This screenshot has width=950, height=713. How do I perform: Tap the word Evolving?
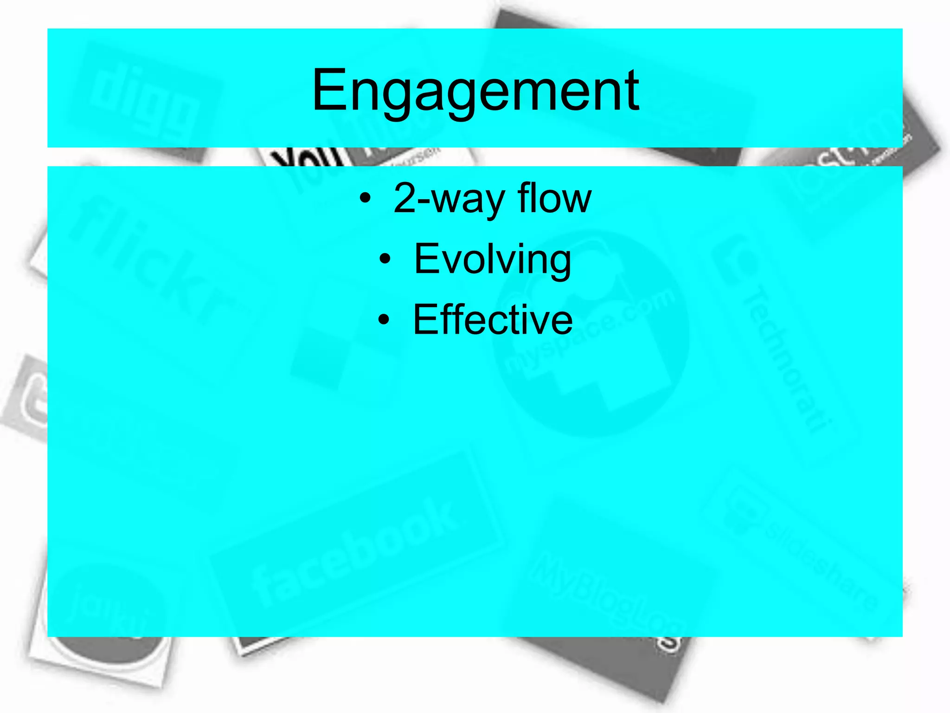tap(492, 259)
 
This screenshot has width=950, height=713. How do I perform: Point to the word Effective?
tap(493, 319)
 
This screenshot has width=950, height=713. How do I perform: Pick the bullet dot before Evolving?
tap(385, 259)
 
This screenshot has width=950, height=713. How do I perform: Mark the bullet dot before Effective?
tap(384, 320)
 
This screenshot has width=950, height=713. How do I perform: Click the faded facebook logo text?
tap(353, 552)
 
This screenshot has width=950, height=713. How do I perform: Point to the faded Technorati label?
tap(784, 357)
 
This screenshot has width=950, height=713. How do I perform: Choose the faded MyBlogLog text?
tap(603, 594)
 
